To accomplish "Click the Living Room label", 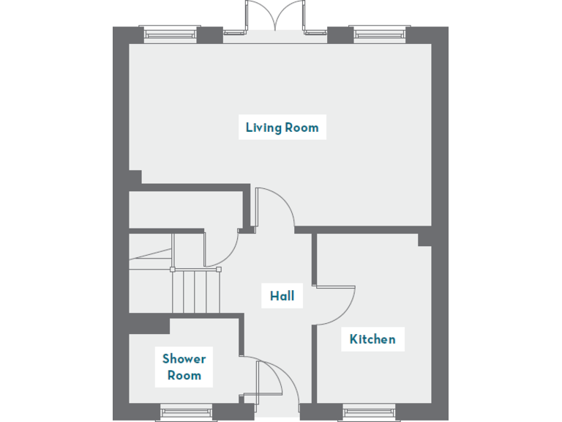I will coord(282,127).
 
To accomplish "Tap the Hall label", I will coord(282,296).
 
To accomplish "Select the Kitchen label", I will coord(372,339).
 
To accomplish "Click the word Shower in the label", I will coord(184,359).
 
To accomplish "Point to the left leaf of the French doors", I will coord(260,16).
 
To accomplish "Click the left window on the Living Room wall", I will coord(170,33).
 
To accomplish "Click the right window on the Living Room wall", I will coord(380,33).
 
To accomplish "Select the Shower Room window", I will coord(186,413).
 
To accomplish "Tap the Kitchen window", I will coord(370,413).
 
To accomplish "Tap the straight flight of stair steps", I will coord(197,292).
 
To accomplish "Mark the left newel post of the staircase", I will coord(173,270).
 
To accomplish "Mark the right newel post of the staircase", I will coord(219,270).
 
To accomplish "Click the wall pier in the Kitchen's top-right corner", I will coord(424,240).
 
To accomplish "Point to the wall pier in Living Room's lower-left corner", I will coord(135,177).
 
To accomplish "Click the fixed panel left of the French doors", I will coord(234,32).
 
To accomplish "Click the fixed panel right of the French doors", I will coord(315,32).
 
